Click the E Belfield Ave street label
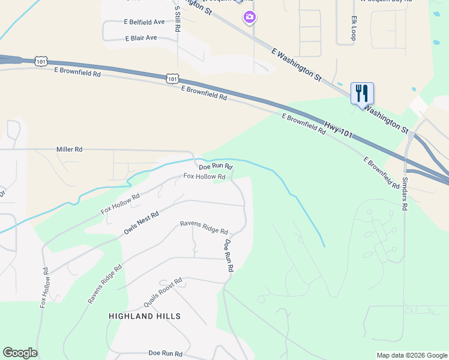[144, 22]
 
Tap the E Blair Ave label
[140, 38]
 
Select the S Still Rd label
[178, 19]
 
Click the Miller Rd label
[69, 149]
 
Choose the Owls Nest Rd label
[141, 223]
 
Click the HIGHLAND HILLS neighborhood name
[145, 316]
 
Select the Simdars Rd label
[405, 193]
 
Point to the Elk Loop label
[354, 28]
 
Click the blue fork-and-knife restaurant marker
[362, 94]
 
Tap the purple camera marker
[249, 17]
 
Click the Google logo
[20, 353]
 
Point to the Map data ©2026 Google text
[412, 355]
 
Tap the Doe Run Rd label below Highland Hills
[165, 353]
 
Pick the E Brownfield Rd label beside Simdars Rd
[381, 172]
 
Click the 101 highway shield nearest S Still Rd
[172, 78]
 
